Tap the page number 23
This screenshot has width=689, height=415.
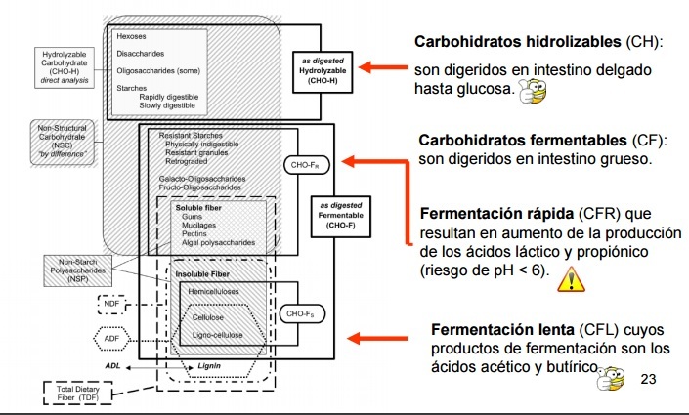coord(647,379)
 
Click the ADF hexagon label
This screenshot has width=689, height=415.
coord(112,339)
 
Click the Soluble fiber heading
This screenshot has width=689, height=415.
coord(200,208)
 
